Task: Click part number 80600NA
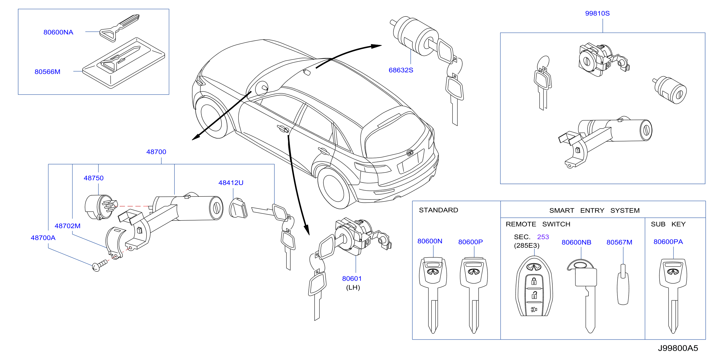pos(58,32)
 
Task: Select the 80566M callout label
pos(47,72)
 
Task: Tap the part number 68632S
pos(401,70)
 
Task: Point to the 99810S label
pos(597,13)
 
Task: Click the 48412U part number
pos(231,183)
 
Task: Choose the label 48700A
pos(43,238)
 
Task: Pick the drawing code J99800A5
pos(678,348)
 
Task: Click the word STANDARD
pos(439,210)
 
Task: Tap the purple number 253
pos(543,237)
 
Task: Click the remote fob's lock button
pos(534,281)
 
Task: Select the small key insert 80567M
pos(623,285)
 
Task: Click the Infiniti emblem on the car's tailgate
pos(410,153)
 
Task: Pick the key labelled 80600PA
pos(673,296)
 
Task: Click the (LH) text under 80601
pos(353,287)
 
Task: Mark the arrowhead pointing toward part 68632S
pos(376,46)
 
